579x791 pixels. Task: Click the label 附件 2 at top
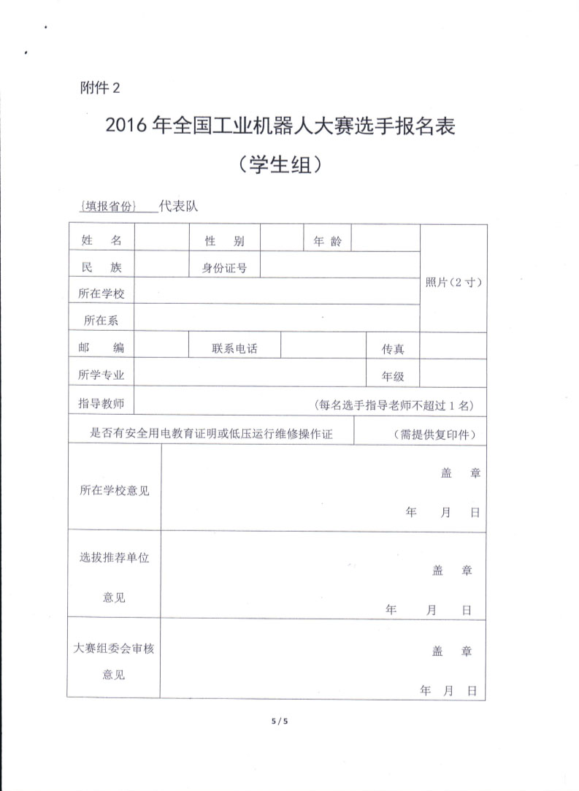98,88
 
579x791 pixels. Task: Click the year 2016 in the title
127,127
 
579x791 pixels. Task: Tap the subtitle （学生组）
280,165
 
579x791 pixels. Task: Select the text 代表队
179,207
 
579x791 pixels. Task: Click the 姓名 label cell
101,241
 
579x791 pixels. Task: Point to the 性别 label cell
224,242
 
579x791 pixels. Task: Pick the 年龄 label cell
327,241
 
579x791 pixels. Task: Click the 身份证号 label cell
224,268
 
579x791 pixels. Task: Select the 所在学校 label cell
101,294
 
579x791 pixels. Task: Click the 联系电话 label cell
234,348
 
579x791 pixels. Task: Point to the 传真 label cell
393,349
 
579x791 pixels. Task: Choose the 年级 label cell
393,376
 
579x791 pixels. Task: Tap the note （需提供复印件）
435,434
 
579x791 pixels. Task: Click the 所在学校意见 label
114,491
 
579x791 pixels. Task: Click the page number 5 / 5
280,721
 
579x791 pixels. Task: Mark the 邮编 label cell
101,348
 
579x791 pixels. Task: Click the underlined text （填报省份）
110,207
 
